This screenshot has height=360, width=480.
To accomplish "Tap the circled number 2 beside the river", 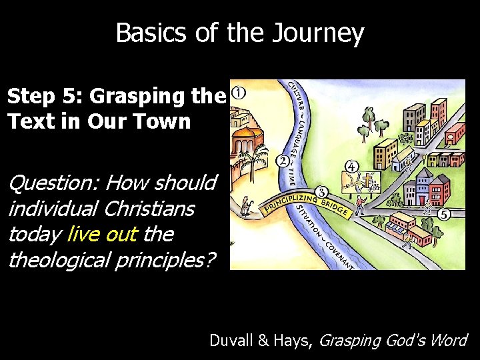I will (282, 161).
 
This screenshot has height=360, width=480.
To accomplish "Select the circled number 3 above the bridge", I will (321, 191).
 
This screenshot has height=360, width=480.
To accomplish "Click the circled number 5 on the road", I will (444, 215).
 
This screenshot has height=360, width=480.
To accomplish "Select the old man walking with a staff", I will (246, 206).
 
